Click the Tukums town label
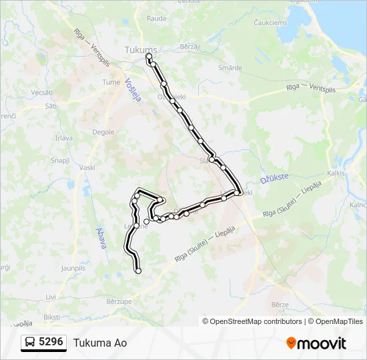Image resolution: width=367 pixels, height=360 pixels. pyautogui.click(x=141, y=50)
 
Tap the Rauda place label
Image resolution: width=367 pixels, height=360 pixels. pyautogui.click(x=156, y=19)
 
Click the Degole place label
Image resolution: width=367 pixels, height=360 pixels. pyautogui.click(x=103, y=133)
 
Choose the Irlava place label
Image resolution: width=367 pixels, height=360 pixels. pyautogui.click(x=64, y=138)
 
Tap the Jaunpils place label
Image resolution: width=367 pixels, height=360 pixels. pyautogui.click(x=73, y=268)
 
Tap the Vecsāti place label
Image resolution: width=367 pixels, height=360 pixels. pyautogui.click(x=41, y=92)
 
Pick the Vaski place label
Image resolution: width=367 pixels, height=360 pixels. pyautogui.click(x=87, y=167)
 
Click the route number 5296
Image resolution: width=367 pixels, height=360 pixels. pyautogui.click(x=51, y=342)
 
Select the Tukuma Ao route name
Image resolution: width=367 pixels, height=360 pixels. pyautogui.click(x=100, y=343)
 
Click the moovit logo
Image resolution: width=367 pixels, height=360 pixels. pyautogui.click(x=316, y=343)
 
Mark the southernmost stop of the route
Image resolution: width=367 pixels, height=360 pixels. pyautogui.click(x=138, y=271)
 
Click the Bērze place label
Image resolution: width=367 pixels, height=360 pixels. pyautogui.click(x=280, y=304)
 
